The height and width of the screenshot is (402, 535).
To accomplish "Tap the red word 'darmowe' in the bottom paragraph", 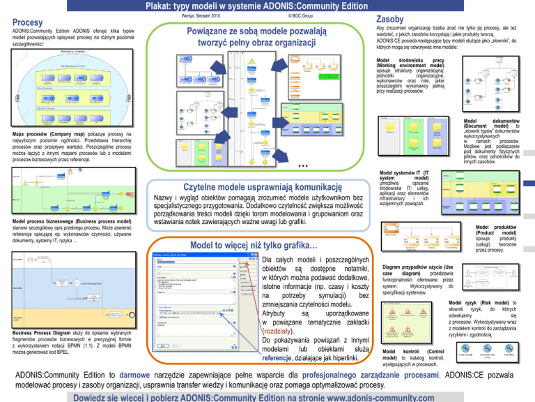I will tap(158, 373).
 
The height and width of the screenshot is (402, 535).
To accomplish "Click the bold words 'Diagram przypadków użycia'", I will tap(417, 267).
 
